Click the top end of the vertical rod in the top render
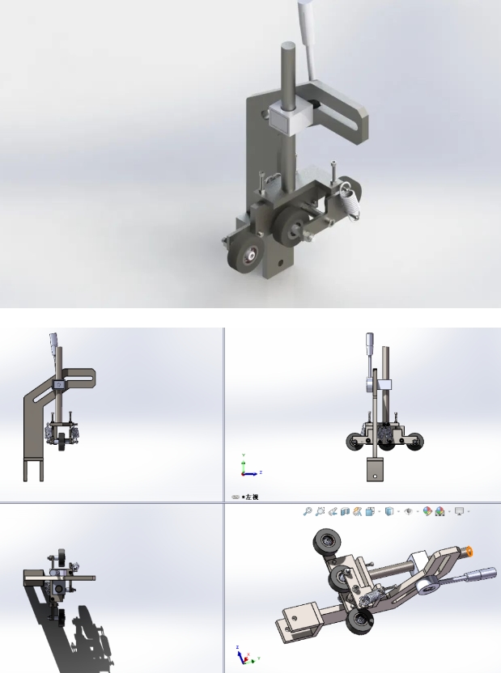tap(287, 48)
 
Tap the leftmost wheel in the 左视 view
tap(355, 442)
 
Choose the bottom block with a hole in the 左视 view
tap(376, 470)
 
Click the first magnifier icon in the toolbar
tap(308, 511)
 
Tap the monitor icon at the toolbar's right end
tap(460, 511)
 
